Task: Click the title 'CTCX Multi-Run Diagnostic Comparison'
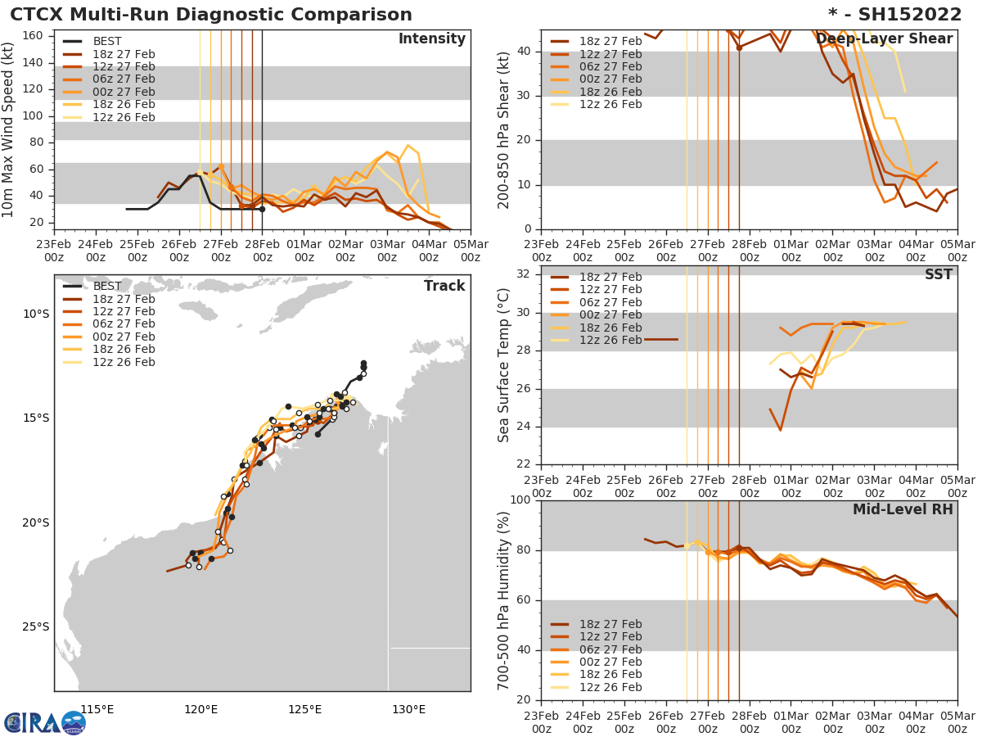(x=211, y=15)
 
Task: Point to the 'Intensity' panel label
(x=431, y=39)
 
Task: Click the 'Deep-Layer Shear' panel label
(x=884, y=39)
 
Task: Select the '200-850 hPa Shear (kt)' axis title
(x=504, y=129)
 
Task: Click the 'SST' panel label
(x=939, y=275)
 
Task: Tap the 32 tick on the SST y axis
(x=523, y=273)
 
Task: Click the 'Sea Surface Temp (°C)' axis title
(x=504, y=365)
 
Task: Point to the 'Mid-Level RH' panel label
(x=903, y=510)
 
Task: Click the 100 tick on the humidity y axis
(x=520, y=500)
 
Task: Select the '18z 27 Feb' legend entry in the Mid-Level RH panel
(x=610, y=624)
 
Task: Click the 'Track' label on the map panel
(x=444, y=287)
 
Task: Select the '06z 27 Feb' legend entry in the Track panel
(x=124, y=324)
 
